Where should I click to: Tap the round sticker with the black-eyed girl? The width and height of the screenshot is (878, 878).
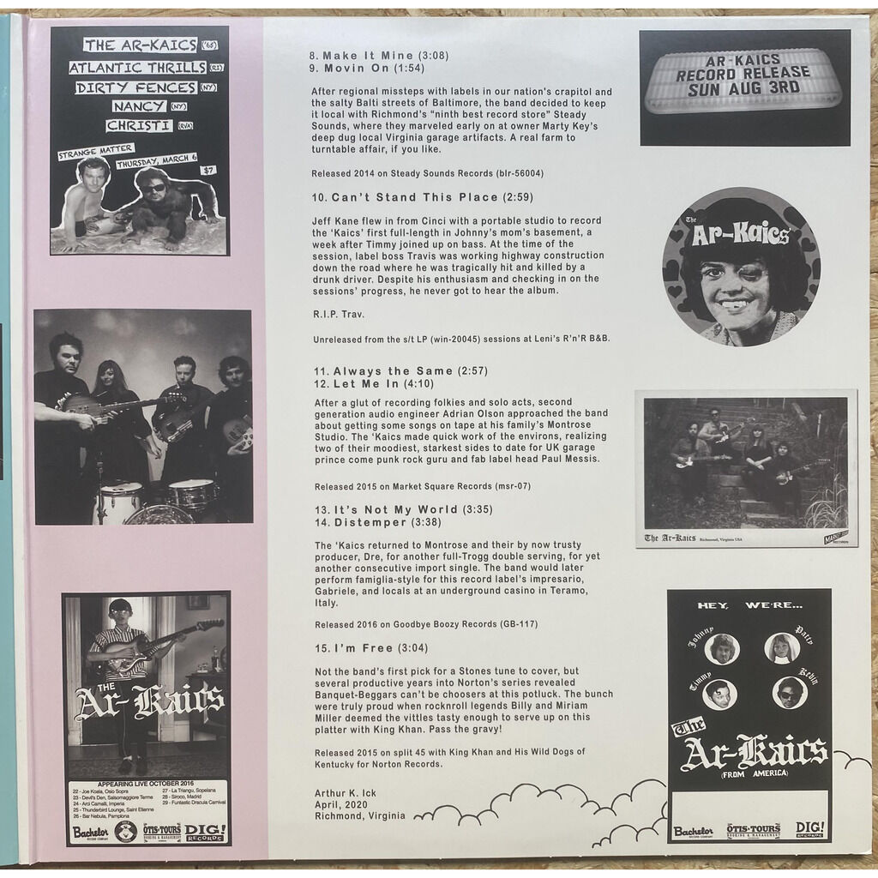pos(741,267)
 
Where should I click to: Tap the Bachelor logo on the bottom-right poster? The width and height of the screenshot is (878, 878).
pos(693,830)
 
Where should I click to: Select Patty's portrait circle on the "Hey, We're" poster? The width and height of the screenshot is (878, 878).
pos(781,647)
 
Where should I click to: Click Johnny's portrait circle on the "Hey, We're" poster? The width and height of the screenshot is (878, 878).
pos(721,649)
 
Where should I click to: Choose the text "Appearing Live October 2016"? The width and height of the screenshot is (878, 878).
pos(147,782)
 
